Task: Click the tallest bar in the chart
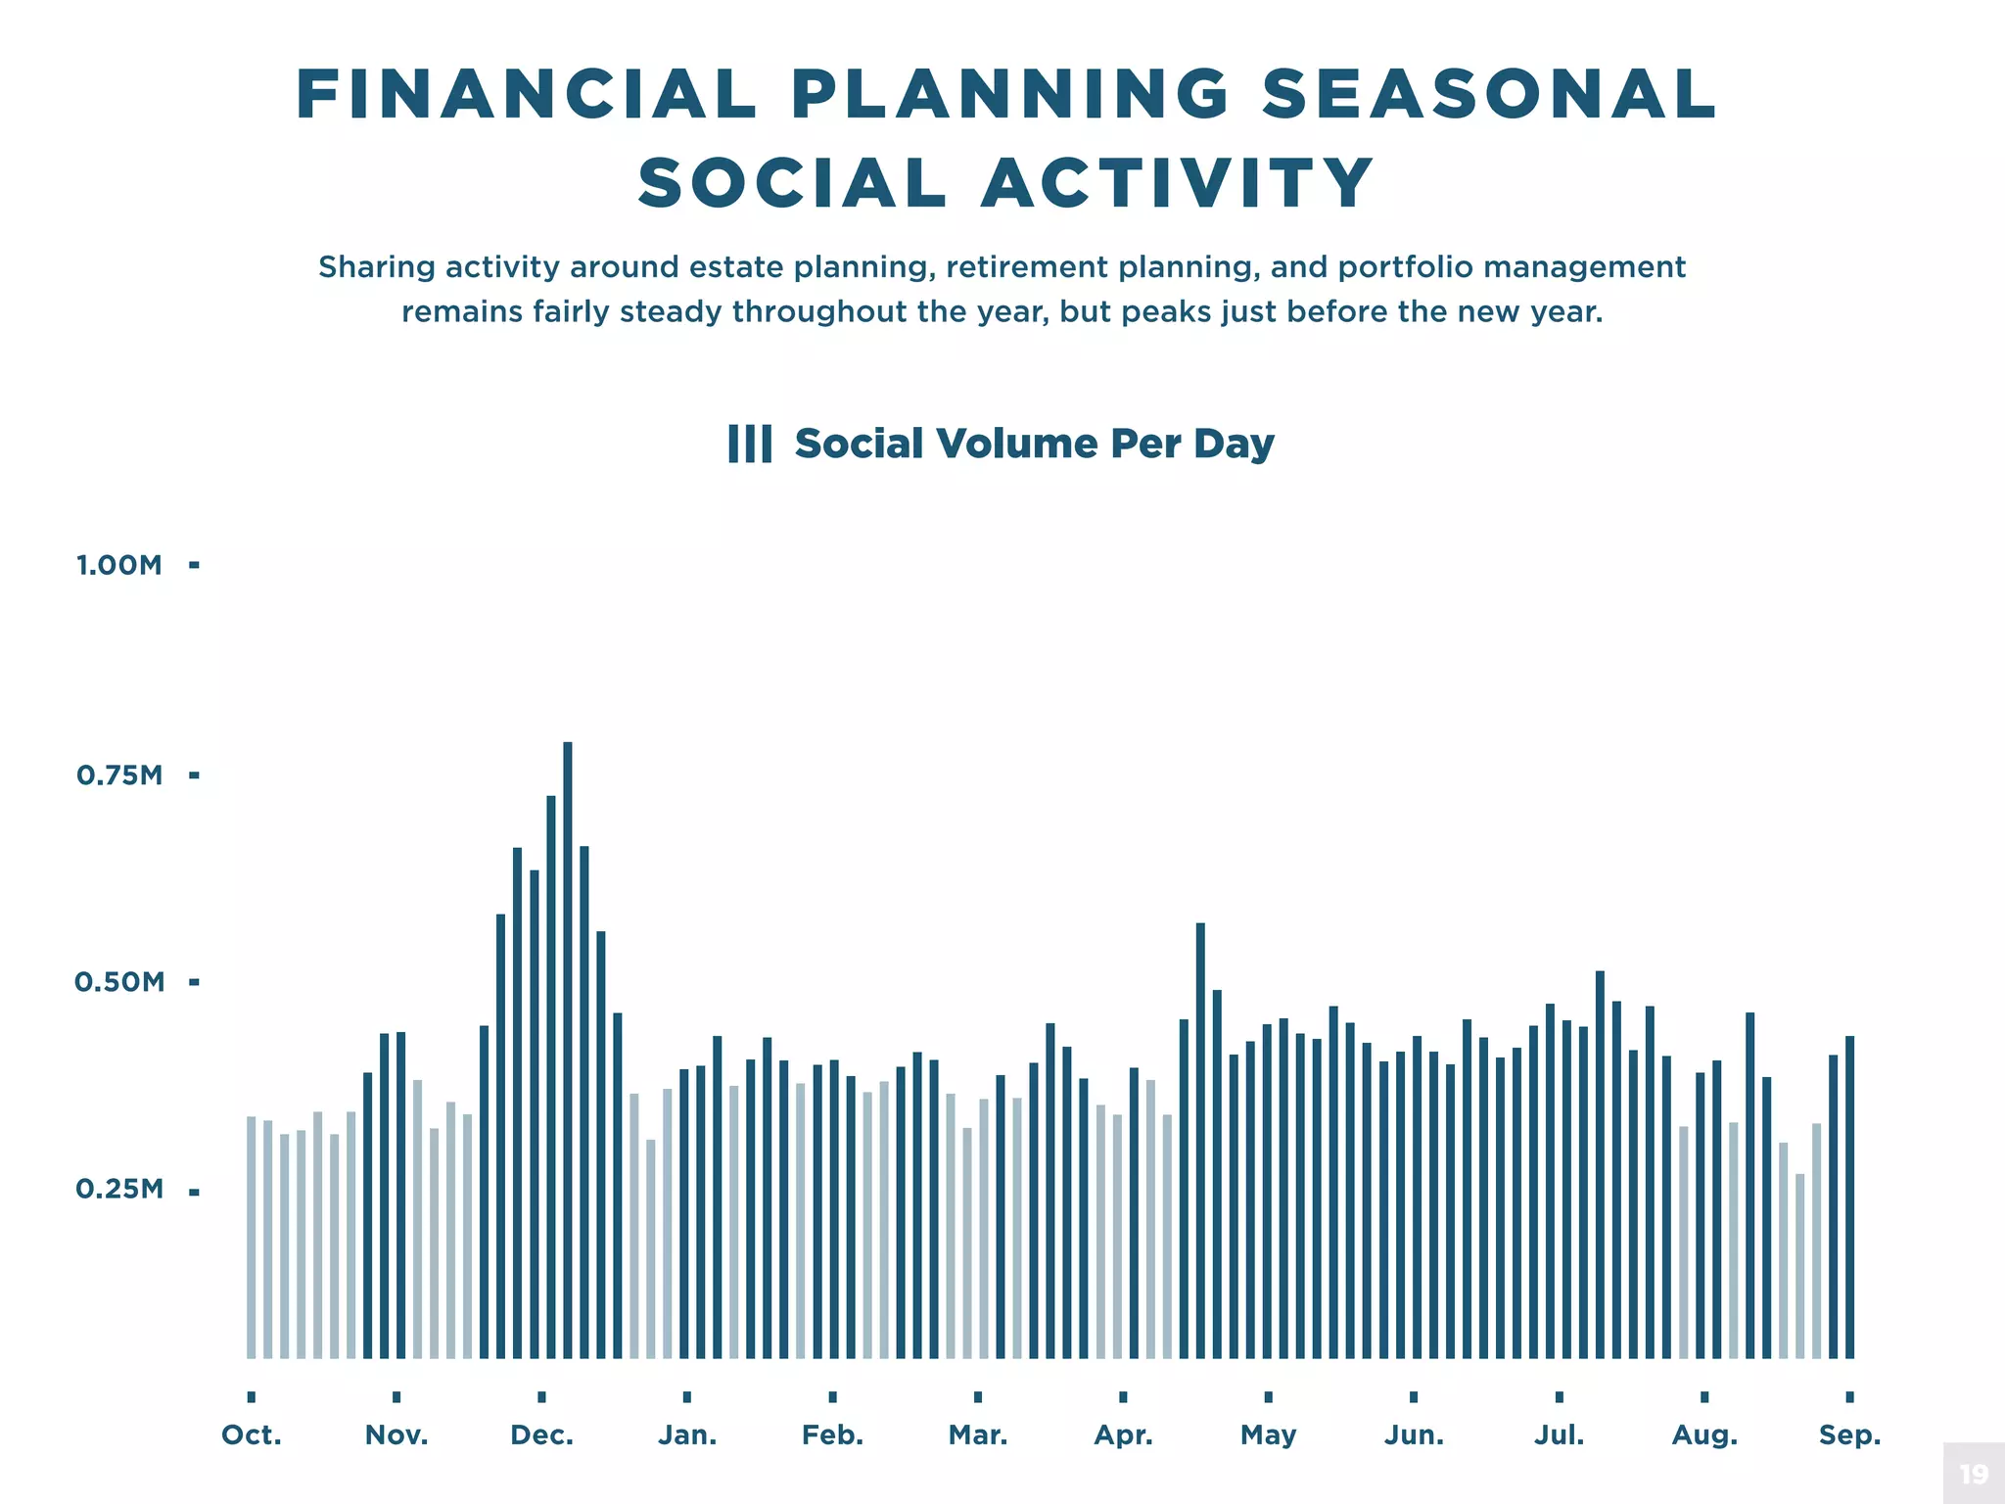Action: (568, 1048)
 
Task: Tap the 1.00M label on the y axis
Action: (119, 565)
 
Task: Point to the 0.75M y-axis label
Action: (119, 775)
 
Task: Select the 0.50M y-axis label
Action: (119, 982)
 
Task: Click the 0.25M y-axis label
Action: (119, 1190)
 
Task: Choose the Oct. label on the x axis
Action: (252, 1435)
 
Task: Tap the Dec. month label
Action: (541, 1435)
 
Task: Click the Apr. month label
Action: (1123, 1435)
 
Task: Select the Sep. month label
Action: (1849, 1435)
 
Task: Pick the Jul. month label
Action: (1559, 1435)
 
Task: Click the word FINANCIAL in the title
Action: (527, 95)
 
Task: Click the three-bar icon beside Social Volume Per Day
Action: (750, 444)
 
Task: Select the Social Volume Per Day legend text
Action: (1034, 444)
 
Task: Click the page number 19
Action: (1974, 1474)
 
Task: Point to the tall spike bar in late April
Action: (1200, 1141)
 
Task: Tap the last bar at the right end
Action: (1849, 1197)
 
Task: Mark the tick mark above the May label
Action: (1268, 1397)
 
